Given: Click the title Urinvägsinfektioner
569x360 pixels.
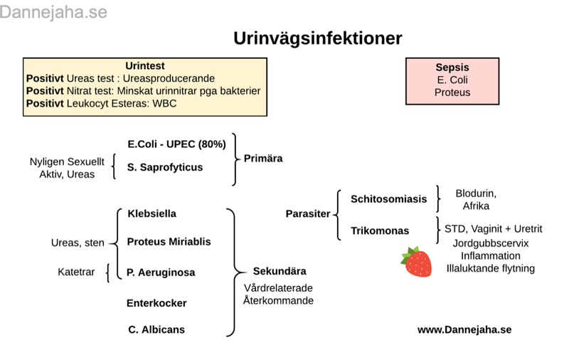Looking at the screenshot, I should click(x=318, y=38).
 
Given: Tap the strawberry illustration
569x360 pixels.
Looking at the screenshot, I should click(x=417, y=261).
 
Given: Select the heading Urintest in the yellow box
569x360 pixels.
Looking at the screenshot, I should click(x=145, y=65).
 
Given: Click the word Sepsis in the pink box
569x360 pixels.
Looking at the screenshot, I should click(x=452, y=68).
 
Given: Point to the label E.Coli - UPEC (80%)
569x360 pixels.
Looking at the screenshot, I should click(x=176, y=144).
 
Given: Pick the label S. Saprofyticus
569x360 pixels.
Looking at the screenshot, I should click(x=165, y=167).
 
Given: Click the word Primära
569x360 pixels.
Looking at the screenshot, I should click(x=263, y=158).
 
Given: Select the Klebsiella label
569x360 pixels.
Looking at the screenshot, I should click(x=152, y=213).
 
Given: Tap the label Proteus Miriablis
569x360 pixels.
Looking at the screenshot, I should click(x=169, y=242).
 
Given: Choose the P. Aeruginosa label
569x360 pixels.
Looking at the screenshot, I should click(x=161, y=272).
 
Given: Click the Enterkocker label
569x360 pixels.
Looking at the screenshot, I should click(x=156, y=303).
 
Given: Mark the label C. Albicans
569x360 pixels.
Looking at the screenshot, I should click(x=156, y=329).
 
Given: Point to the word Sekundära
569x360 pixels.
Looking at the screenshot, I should click(x=280, y=271).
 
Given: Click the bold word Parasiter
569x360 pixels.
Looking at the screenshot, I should click(x=308, y=213).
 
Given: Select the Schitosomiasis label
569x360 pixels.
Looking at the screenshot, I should click(x=388, y=199).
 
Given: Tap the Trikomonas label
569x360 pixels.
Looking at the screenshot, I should click(x=380, y=231).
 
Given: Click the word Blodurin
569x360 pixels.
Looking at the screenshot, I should click(x=476, y=194).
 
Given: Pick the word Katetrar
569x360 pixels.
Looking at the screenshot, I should click(x=76, y=272).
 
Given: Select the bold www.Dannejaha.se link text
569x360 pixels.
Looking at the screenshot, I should click(x=464, y=329).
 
